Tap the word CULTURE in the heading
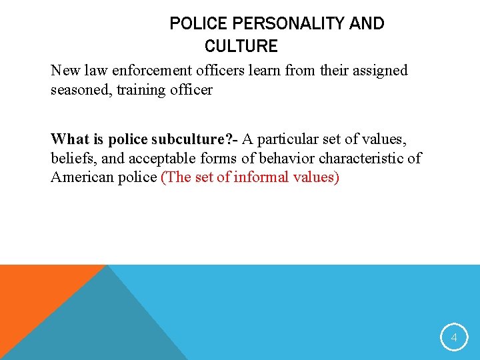241,46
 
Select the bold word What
69,139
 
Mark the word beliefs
71,159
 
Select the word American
81,177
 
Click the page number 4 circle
454,338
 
